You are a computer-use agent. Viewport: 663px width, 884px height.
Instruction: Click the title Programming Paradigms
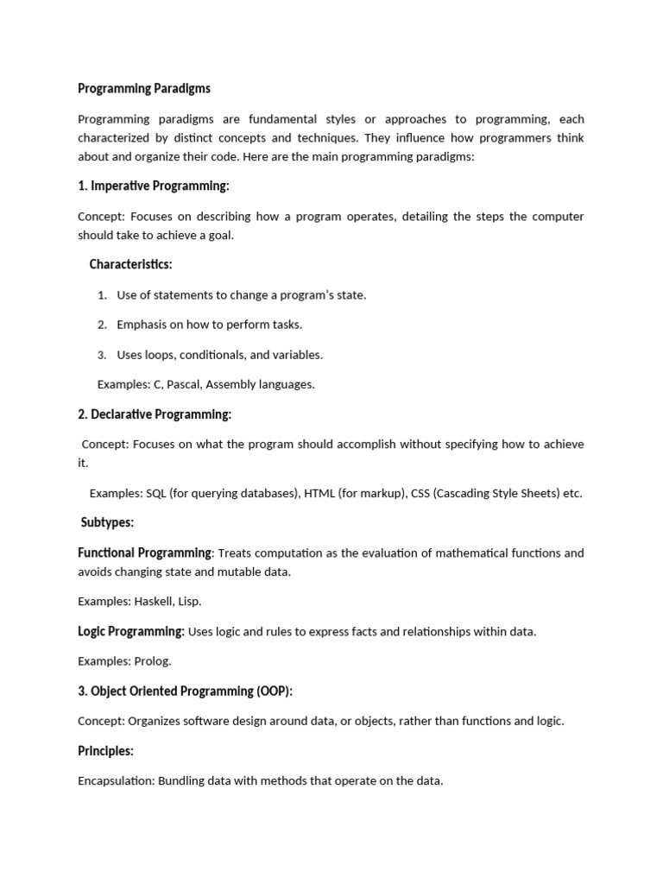pos(144,89)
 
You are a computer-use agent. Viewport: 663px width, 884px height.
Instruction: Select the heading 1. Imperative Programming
pos(154,186)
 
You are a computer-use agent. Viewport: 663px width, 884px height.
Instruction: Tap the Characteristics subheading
pos(130,264)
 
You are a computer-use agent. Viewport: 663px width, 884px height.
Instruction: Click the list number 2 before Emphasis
pos(102,325)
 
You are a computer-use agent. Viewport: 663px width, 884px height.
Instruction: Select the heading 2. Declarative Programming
pos(155,414)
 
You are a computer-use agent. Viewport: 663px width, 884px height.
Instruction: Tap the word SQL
pos(155,494)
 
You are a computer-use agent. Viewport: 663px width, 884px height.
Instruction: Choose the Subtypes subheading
pos(107,523)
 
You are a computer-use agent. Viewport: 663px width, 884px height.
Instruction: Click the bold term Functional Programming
pos(144,552)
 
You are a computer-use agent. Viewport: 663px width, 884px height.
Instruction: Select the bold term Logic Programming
pos(131,631)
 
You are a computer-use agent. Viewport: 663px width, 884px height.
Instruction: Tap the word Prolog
pos(152,661)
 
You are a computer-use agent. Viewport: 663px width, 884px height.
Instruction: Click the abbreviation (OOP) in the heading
pos(270,691)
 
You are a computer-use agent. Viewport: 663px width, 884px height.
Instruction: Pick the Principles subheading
pos(105,751)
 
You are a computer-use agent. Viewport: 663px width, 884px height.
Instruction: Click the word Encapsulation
pos(115,781)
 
